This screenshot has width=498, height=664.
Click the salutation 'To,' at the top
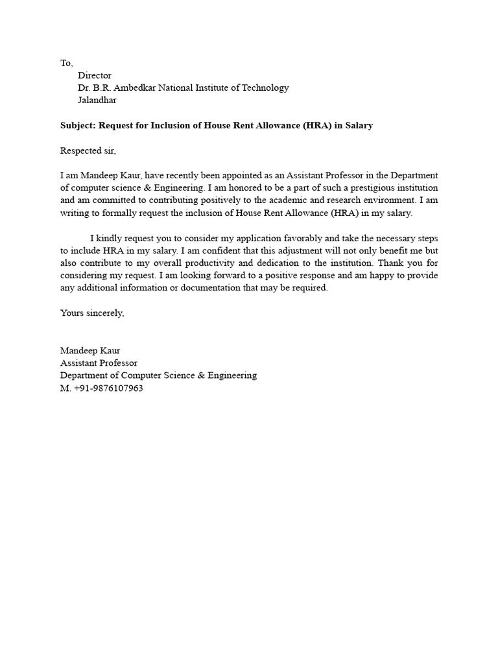click(67, 63)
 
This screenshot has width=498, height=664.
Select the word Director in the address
click(95, 75)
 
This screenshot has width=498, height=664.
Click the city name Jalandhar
click(97, 100)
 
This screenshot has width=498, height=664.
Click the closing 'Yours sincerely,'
click(92, 313)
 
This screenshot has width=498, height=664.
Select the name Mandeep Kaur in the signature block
click(90, 350)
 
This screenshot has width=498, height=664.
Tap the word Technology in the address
click(267, 88)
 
